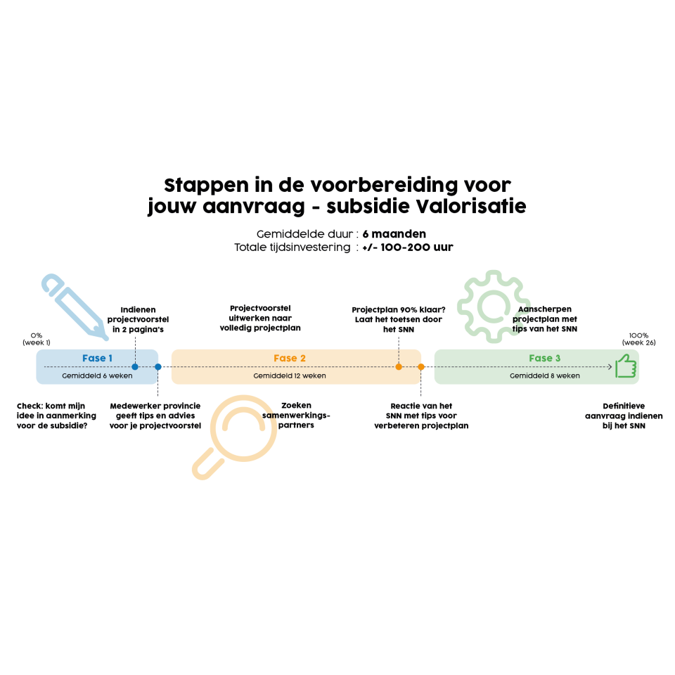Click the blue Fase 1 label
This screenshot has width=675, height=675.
(x=97, y=358)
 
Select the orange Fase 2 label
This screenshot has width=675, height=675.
(x=290, y=358)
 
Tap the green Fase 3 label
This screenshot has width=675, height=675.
(x=545, y=358)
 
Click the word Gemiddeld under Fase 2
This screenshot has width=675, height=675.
(x=269, y=375)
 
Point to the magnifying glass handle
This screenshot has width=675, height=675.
(x=206, y=465)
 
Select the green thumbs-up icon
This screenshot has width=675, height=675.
(x=625, y=366)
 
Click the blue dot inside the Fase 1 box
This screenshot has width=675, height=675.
(x=135, y=366)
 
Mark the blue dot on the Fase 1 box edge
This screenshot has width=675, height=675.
(x=158, y=366)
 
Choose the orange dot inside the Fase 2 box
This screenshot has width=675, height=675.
(x=399, y=366)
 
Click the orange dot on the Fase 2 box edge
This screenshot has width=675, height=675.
(x=421, y=366)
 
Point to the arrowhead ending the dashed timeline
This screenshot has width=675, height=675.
(x=610, y=366)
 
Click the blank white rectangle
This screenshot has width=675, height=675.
(x=478, y=497)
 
